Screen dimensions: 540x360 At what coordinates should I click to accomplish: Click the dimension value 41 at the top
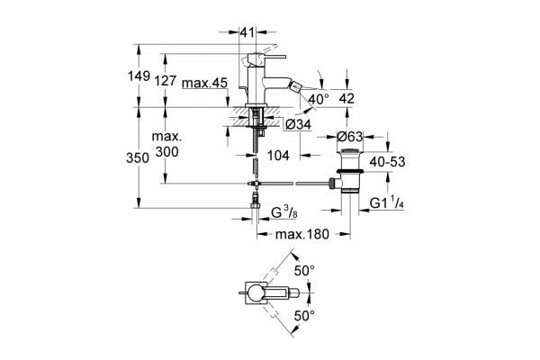(x=247, y=32)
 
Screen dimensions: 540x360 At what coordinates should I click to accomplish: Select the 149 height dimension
(x=139, y=76)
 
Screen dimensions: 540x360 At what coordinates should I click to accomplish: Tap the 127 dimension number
(x=166, y=81)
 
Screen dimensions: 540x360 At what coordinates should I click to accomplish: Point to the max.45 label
(x=204, y=83)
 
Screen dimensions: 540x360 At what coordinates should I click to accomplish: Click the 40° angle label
(x=319, y=99)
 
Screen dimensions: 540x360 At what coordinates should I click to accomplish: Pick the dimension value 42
(x=346, y=98)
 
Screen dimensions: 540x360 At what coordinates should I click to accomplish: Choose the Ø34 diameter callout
(x=298, y=124)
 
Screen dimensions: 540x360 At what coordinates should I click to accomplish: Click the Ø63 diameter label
(x=350, y=137)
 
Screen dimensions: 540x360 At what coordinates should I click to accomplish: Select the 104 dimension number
(x=278, y=156)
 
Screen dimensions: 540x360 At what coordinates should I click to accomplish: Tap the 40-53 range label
(x=387, y=161)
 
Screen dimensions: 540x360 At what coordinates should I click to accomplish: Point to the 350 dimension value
(x=138, y=158)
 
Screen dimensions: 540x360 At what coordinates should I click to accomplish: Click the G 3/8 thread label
(x=284, y=213)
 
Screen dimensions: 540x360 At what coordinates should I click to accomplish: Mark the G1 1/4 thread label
(x=387, y=203)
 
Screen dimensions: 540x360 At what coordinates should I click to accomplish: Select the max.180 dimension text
(x=302, y=235)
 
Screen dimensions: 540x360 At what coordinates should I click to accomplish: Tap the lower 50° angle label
(x=304, y=315)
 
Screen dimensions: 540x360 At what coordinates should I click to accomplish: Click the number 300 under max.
(x=166, y=151)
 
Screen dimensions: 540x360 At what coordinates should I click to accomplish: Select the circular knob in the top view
(x=256, y=293)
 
